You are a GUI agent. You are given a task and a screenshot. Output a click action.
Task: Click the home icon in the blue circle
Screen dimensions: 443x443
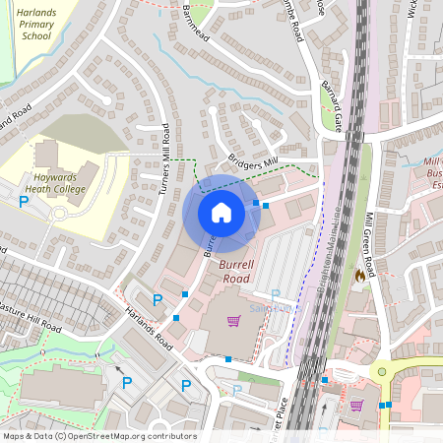221,213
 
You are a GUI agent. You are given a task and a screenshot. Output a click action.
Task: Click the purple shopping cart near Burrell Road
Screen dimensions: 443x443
234,321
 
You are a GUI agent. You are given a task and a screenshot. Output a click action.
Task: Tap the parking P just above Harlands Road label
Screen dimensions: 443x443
157,299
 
